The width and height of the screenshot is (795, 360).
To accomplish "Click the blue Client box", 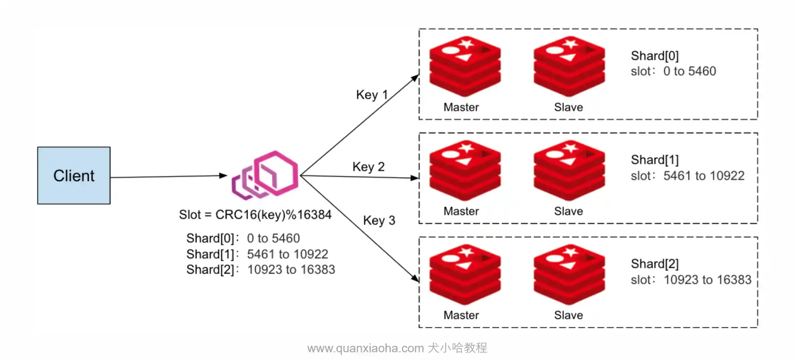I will click(74, 175).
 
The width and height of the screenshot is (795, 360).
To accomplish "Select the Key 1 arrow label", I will click(372, 95).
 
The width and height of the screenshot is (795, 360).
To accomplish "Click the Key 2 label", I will click(368, 167).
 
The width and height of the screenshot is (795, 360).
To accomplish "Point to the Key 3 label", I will click(379, 220).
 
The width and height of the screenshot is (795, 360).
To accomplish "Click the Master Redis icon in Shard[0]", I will click(465, 66).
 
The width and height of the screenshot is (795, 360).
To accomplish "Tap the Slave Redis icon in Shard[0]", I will click(569, 66).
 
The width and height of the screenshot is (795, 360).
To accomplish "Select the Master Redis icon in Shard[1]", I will click(465, 170).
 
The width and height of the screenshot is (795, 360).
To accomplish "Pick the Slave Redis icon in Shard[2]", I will click(569, 274).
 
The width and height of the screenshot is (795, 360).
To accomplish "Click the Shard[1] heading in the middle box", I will click(655, 160).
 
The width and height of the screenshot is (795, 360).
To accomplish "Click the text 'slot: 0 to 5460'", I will click(673, 71).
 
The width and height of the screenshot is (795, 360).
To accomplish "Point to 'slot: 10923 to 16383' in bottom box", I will click(691, 280).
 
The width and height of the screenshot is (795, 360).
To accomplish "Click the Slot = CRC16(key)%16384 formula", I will click(255, 215).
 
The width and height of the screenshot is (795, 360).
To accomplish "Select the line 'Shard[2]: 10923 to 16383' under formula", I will click(260, 270).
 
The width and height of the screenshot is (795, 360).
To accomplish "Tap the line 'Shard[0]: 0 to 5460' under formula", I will click(243, 238).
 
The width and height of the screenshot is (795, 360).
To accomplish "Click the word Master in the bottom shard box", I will click(461, 315).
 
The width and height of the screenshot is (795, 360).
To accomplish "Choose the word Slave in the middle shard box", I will click(568, 211).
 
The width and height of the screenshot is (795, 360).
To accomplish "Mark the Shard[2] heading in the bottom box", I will click(655, 264).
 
